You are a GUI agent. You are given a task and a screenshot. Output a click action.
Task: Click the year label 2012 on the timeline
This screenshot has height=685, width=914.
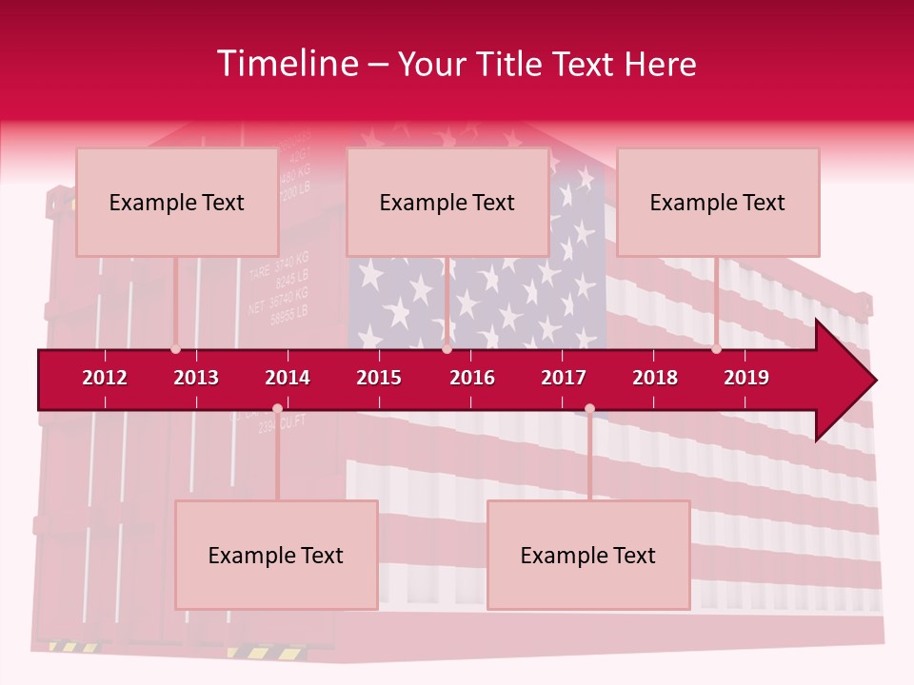tap(105, 378)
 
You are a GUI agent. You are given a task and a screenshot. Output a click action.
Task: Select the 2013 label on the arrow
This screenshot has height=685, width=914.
tap(196, 378)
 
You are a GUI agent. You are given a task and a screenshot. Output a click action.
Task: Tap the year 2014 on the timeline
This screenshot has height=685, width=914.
tap(288, 378)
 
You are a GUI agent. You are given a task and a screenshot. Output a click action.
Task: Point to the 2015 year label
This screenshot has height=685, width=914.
tap(379, 378)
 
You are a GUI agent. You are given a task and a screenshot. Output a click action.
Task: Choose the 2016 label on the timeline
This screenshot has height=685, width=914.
tap(472, 378)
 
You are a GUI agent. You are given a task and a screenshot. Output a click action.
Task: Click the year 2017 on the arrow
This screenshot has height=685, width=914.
tap(564, 378)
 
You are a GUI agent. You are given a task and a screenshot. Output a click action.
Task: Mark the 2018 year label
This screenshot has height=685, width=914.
tap(655, 378)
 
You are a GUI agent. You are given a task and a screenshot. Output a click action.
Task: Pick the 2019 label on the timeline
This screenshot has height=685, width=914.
tap(746, 378)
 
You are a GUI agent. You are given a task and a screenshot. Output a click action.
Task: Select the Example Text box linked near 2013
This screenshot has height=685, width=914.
tap(177, 202)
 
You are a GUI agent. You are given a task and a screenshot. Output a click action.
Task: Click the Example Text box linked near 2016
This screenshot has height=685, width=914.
tap(447, 202)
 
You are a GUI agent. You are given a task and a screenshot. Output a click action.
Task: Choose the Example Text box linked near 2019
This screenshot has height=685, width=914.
tap(718, 202)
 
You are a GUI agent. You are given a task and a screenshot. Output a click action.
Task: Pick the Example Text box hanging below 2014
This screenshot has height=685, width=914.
tap(276, 555)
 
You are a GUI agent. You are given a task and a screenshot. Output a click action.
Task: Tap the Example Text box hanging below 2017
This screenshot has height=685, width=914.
tap(588, 555)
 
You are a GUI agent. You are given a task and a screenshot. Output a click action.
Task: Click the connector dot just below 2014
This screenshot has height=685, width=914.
tap(277, 409)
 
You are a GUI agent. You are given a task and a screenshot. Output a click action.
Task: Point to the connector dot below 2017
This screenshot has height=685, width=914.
tap(589, 409)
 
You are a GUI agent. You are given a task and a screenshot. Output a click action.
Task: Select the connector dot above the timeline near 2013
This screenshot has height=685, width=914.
tap(175, 349)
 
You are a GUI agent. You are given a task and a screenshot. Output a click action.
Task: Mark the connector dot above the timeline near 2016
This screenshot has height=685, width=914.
tap(447, 349)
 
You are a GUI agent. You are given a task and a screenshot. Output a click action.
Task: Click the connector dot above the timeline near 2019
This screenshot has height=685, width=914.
tap(716, 349)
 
